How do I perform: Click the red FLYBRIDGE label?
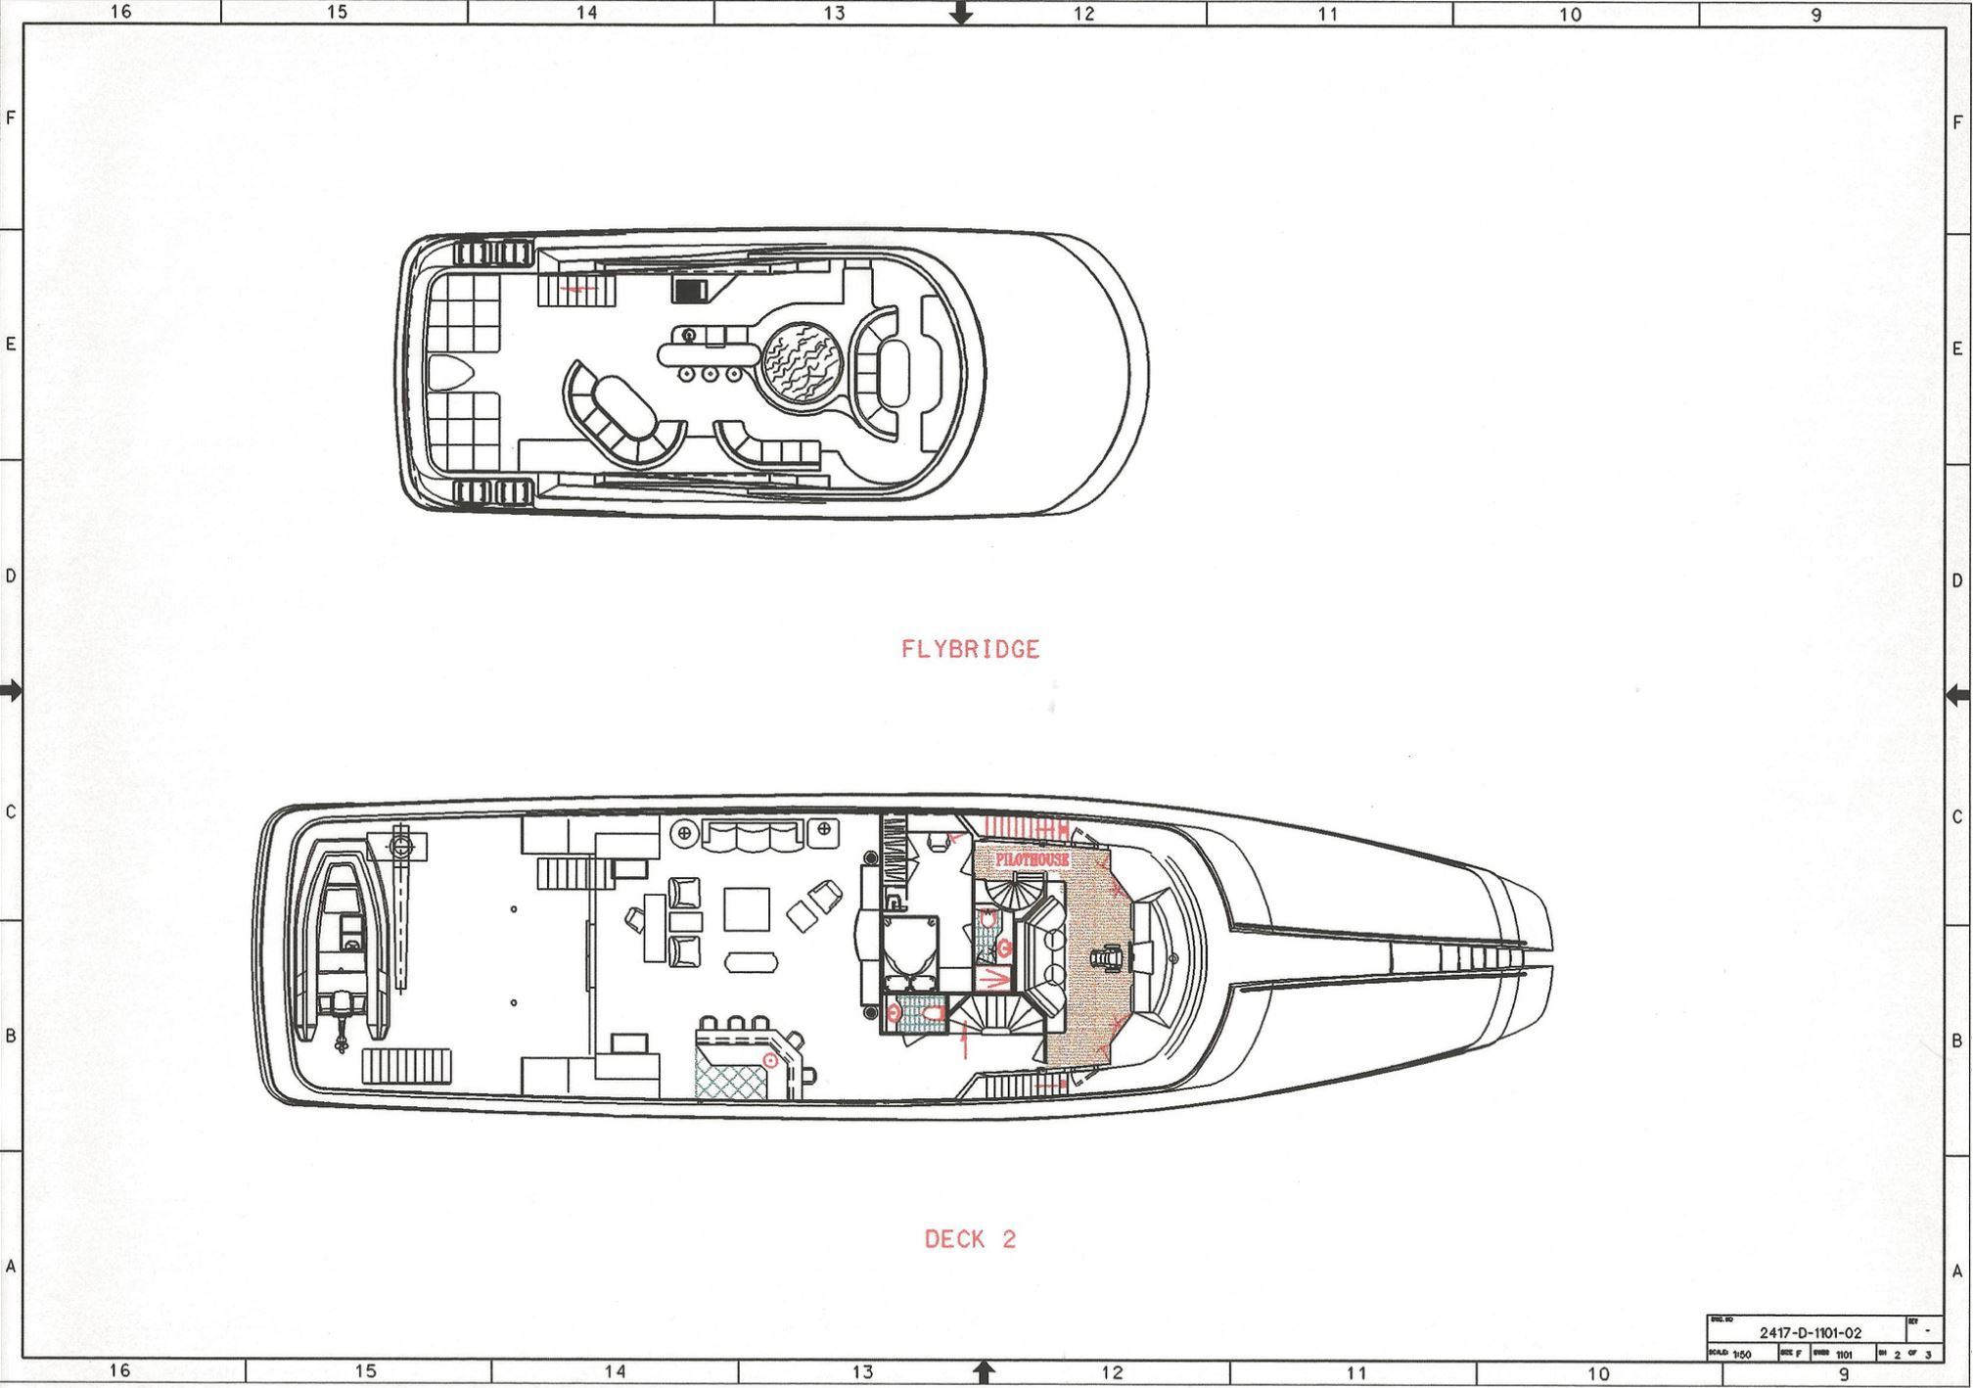[970, 649]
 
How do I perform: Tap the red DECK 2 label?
[970, 1239]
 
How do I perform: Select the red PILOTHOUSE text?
[1033, 859]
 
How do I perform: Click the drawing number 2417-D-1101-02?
[1810, 1332]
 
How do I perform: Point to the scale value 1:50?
[1741, 1355]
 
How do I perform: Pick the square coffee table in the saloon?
[747, 908]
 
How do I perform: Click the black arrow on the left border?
[11, 691]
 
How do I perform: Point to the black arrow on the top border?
[961, 14]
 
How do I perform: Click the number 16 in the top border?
[119, 12]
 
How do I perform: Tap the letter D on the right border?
[1957, 580]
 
